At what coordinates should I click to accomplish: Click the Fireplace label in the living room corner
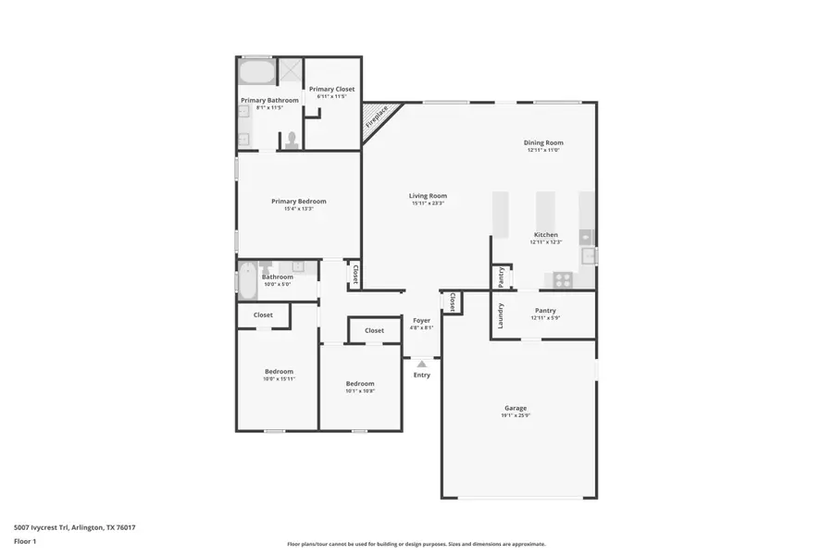pos(377,117)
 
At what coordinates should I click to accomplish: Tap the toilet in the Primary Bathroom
pos(292,140)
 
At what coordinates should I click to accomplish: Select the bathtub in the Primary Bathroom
pos(256,72)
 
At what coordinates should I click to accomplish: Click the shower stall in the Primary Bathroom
pos(290,70)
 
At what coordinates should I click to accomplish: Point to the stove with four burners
pos(563,279)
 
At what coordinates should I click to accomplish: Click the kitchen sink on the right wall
pos(587,254)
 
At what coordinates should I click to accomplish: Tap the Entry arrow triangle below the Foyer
pos(422,364)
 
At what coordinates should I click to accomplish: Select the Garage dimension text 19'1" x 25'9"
pos(516,416)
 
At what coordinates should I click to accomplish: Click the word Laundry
pos(501,315)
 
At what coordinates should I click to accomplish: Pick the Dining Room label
pos(543,142)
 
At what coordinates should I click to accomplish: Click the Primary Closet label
pos(331,89)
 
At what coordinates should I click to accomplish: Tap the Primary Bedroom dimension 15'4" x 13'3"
pos(298,209)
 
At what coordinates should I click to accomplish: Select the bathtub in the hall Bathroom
pos(248,280)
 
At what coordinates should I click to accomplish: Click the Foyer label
pos(421,320)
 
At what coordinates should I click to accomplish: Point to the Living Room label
pos(428,195)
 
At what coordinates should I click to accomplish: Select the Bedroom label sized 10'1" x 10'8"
pos(360,383)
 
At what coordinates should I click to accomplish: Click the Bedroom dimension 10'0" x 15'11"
pos(279,379)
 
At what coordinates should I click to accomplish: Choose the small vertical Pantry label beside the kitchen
pos(501,276)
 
